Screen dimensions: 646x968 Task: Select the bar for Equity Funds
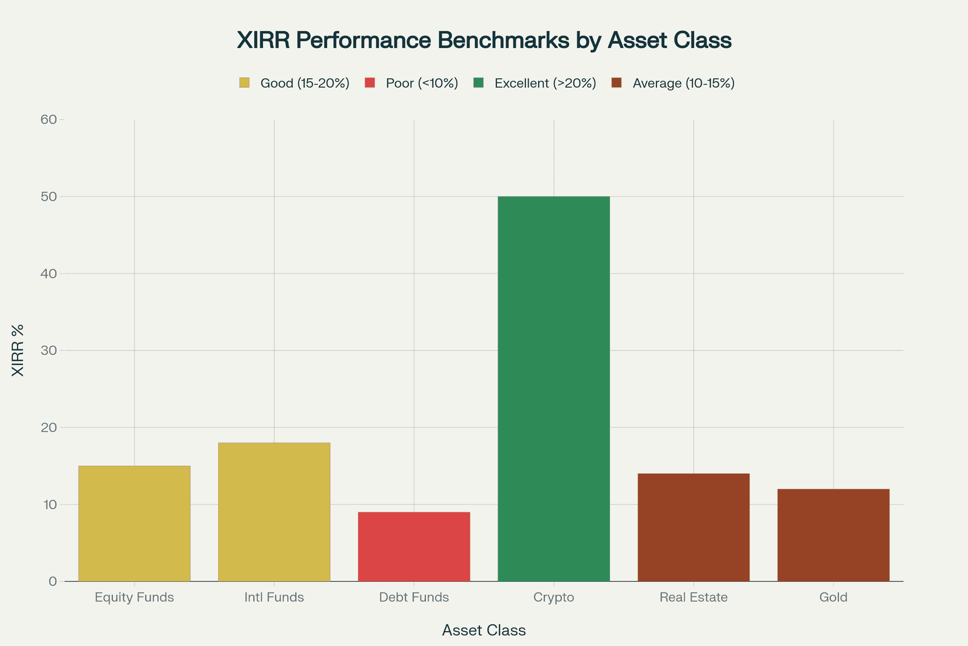(134, 524)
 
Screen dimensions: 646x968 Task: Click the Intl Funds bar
(274, 512)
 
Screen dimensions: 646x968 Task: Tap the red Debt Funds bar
(414, 547)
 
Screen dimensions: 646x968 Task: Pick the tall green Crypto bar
(553, 389)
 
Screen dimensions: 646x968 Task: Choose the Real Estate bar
(693, 527)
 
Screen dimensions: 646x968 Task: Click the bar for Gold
(833, 535)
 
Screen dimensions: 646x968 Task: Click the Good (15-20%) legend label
(305, 83)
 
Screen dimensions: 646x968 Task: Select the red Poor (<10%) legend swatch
(370, 83)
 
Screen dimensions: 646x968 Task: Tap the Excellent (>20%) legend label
(545, 83)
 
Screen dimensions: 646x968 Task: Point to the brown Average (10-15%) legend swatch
(616, 83)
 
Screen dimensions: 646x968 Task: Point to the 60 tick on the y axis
(48, 120)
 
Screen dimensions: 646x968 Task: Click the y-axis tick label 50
(48, 197)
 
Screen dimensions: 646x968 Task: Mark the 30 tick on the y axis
(48, 350)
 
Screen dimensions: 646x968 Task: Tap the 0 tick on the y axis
(53, 581)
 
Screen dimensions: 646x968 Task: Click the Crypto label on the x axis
(553, 598)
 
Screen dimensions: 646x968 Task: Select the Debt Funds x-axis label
(414, 598)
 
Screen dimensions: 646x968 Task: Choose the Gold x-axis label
(833, 598)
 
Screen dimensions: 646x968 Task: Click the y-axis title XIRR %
(18, 350)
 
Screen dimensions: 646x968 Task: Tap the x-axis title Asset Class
(484, 630)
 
